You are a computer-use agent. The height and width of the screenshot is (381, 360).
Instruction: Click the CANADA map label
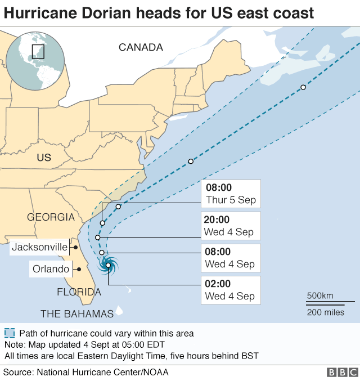141,48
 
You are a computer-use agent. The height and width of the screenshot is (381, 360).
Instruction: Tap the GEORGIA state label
51,217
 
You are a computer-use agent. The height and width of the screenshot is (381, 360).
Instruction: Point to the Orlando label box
51,269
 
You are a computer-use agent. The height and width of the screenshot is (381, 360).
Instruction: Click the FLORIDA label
79,292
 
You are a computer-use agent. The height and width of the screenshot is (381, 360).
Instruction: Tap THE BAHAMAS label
77,313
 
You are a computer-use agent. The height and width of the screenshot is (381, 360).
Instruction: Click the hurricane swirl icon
107,265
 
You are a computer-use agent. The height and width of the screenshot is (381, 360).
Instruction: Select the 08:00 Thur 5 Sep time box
231,194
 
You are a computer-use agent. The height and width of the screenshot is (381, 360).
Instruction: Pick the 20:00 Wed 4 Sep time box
231,226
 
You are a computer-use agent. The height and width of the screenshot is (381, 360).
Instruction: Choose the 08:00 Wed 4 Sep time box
231,258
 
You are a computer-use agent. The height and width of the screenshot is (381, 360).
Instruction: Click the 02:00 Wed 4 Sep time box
231,290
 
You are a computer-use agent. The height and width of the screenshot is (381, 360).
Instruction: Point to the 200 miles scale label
326,312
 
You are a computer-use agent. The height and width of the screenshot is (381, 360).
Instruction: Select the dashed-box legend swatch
9,333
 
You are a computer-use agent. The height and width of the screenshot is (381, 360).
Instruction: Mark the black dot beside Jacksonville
75,246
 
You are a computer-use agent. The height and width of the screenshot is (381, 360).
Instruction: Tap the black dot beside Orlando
78,269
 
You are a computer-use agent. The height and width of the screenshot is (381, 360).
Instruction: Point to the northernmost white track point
303,87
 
